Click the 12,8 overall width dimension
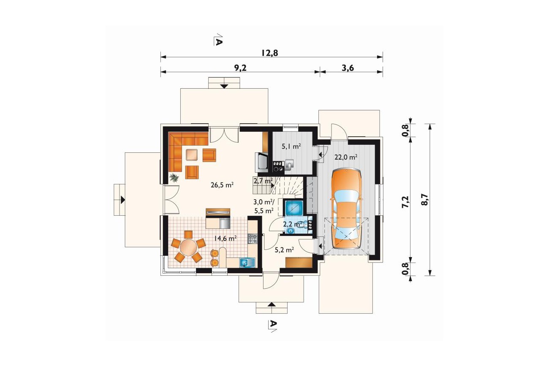[269, 53]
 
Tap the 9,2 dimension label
[240, 68]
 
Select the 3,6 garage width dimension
[348, 68]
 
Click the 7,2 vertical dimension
[405, 202]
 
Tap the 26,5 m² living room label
[222, 185]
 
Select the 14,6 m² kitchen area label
[225, 238]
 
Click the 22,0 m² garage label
[346, 157]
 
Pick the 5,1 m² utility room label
[291, 146]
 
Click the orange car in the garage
[346, 209]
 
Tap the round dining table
[188, 247]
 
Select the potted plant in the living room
[174, 177]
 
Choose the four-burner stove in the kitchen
[253, 239]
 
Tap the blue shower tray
[294, 208]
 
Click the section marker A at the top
[218, 41]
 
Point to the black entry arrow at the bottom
[271, 304]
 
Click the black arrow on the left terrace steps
[122, 200]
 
